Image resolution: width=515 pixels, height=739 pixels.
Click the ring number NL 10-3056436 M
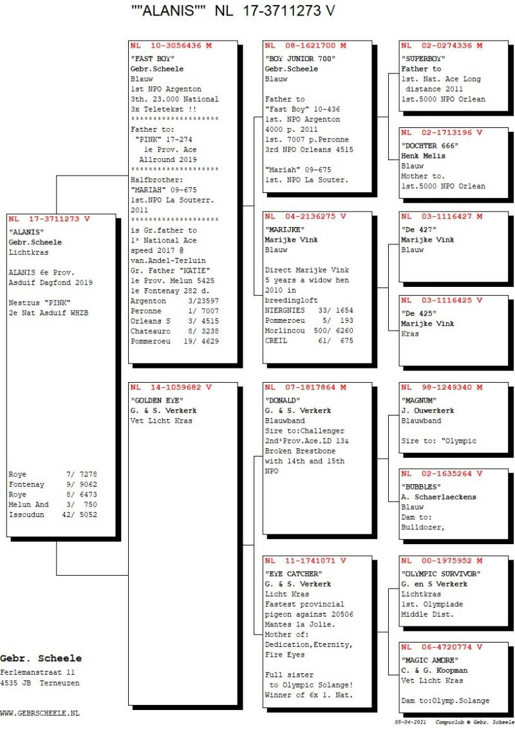pyautogui.click(x=171, y=46)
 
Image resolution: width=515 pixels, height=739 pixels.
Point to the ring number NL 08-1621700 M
pyautogui.click(x=305, y=46)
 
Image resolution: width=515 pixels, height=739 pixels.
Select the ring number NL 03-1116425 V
pyautogui.click(x=441, y=300)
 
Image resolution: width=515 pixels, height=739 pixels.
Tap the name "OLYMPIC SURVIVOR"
pyautogui.click(x=441, y=574)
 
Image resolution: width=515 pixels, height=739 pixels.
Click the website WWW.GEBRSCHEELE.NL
pyautogui.click(x=40, y=713)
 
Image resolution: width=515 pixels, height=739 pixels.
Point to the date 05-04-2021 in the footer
pyautogui.click(x=411, y=722)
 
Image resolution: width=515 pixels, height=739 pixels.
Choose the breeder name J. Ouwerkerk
pyautogui.click(x=427, y=410)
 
